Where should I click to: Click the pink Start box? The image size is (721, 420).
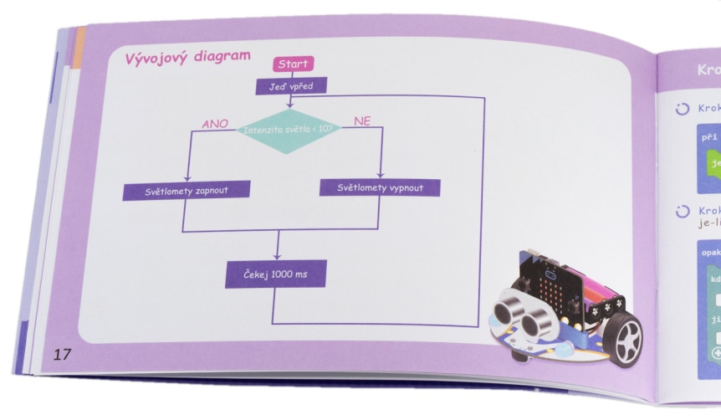(x=292, y=64)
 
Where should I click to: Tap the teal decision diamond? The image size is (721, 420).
(x=289, y=131)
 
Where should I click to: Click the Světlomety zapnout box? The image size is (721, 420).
(x=176, y=191)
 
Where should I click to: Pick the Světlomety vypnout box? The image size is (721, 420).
(x=380, y=187)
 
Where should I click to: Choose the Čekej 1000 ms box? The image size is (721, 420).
(x=275, y=274)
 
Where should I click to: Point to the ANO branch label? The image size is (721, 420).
(x=216, y=124)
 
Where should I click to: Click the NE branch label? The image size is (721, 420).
(x=362, y=121)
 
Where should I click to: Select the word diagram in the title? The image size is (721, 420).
(x=220, y=56)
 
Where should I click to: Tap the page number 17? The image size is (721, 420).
(x=63, y=353)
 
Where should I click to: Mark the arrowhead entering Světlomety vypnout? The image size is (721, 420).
(x=381, y=174)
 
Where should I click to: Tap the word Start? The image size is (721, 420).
(x=292, y=64)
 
